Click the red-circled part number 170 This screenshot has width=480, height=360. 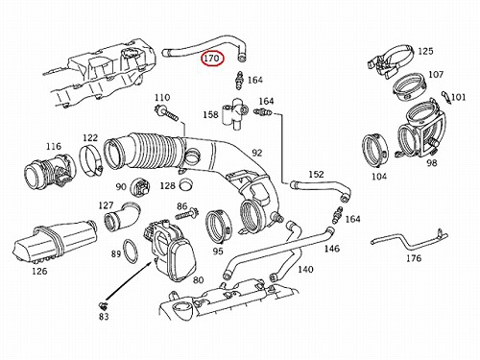point(212,59)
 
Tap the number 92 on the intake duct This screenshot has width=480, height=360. point(257,153)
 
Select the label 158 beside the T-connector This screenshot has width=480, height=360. point(210,114)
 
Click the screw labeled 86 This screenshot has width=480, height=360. point(186,213)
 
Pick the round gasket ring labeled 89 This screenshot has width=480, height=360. point(131,252)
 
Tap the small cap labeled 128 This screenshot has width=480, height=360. point(186,185)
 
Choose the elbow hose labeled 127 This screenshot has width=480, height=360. point(122,215)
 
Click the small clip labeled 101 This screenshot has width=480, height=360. point(445,97)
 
